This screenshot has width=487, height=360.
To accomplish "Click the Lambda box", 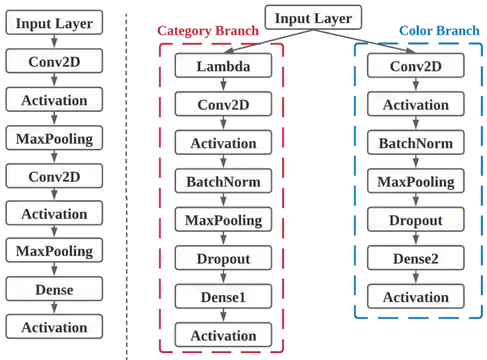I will [223, 66].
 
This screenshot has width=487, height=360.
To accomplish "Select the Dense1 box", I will [223, 297].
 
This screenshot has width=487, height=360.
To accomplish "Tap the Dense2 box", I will [415, 258].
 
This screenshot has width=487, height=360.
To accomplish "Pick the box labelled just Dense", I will [54, 289].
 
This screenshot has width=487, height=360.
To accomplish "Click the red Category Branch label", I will [208, 31].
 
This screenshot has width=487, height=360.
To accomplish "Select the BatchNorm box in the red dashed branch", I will [223, 182].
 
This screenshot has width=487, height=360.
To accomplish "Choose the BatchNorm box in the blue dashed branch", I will [415, 143].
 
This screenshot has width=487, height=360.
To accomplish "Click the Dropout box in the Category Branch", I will [223, 258].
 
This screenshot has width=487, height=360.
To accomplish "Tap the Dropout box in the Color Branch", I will [415, 220].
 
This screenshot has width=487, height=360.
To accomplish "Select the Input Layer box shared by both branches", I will [313, 18].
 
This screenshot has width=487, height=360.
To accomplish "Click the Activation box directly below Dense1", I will [223, 335].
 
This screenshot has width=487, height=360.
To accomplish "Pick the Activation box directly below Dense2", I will [415, 297].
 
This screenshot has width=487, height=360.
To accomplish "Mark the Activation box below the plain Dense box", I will [54, 327].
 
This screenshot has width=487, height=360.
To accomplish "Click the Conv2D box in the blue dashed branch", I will [415, 66].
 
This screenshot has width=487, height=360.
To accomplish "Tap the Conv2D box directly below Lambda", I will [223, 104].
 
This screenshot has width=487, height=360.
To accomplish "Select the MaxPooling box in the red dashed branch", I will [223, 220].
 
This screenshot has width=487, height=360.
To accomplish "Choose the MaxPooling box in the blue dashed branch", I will [415, 182].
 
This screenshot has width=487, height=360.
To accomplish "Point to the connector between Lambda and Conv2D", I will [223, 85].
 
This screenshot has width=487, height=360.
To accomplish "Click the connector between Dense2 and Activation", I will [415, 277].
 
